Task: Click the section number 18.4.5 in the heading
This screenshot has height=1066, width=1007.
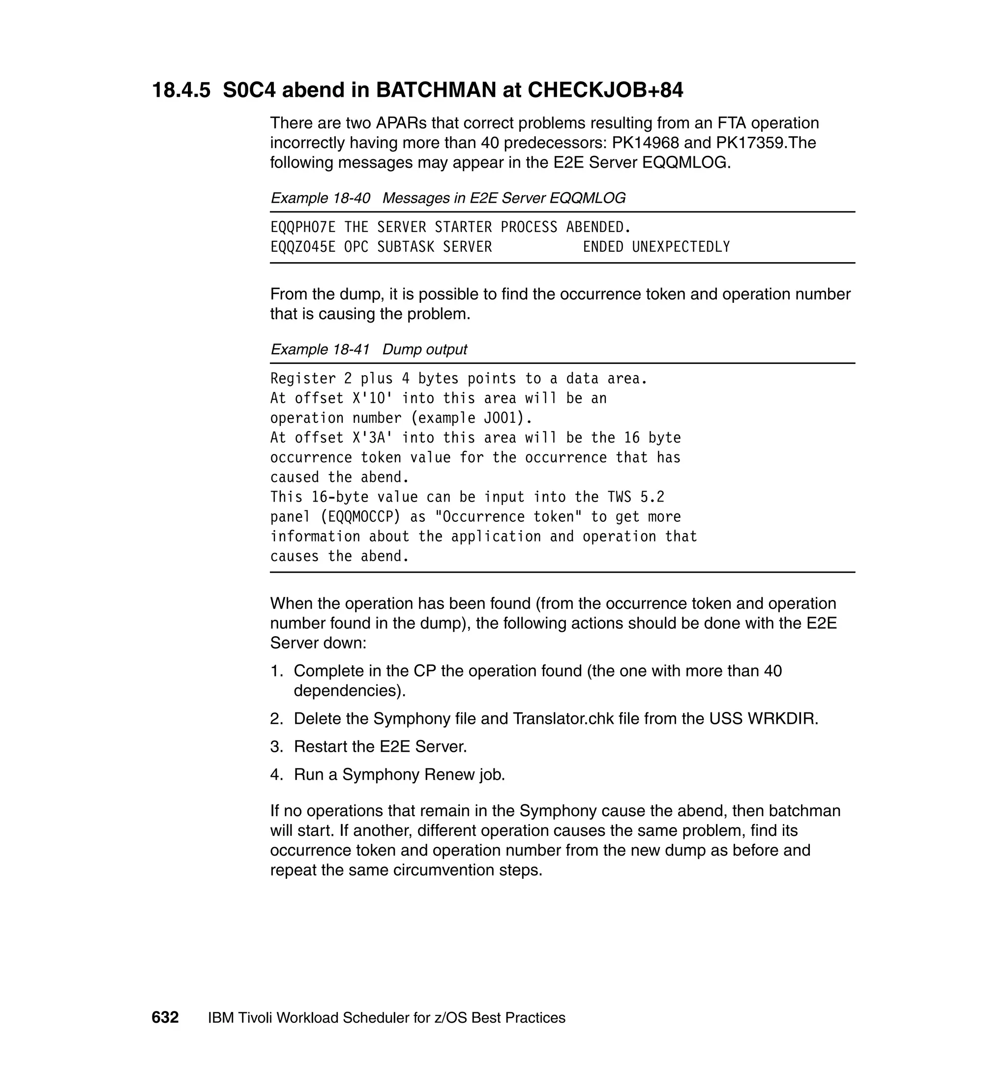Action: coord(181,90)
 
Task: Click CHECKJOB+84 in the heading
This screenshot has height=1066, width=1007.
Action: coord(605,90)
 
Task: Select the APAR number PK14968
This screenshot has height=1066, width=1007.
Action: coord(645,143)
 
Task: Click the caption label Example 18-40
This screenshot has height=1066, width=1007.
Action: coord(320,198)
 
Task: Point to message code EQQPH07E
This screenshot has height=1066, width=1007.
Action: coord(303,228)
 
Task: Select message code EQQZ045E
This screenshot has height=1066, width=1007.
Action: coord(303,247)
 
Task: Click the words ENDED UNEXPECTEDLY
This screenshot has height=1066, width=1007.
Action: coord(656,247)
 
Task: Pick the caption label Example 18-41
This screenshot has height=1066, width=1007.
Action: coord(320,350)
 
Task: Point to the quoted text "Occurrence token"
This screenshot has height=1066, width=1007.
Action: coord(508,517)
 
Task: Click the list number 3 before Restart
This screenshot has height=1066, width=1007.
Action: coord(275,746)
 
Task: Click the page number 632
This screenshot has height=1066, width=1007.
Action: coord(165,1018)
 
